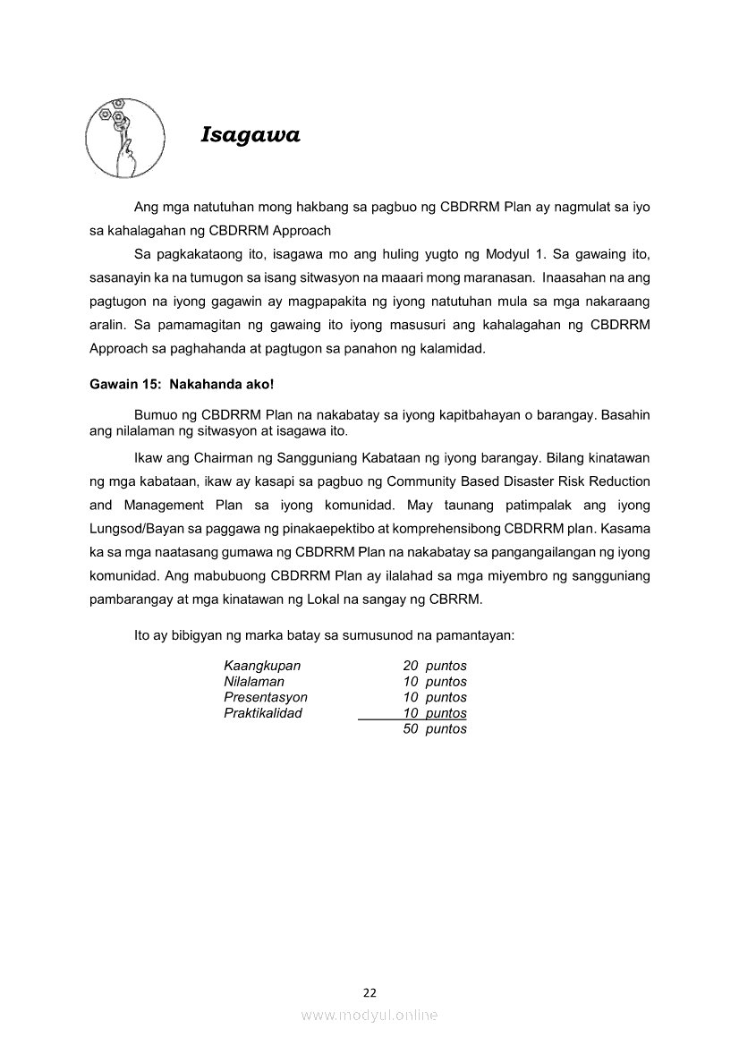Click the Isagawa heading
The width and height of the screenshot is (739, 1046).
(x=251, y=135)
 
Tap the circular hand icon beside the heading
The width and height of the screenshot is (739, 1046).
(x=124, y=137)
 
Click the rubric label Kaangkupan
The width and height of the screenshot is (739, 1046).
(x=262, y=666)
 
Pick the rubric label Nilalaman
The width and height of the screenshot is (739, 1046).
(x=254, y=682)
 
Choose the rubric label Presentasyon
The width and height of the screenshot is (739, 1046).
(x=266, y=697)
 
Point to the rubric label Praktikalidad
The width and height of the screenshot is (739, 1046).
(x=263, y=713)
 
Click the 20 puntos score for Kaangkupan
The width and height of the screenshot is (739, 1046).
(x=435, y=666)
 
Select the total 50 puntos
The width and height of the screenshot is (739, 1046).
(x=435, y=729)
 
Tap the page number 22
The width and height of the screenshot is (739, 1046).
(x=369, y=992)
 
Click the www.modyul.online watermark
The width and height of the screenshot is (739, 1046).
(x=369, y=1015)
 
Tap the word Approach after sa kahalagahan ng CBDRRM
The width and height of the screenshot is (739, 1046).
(x=301, y=230)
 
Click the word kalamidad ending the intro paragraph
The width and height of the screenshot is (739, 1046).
(x=454, y=347)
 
